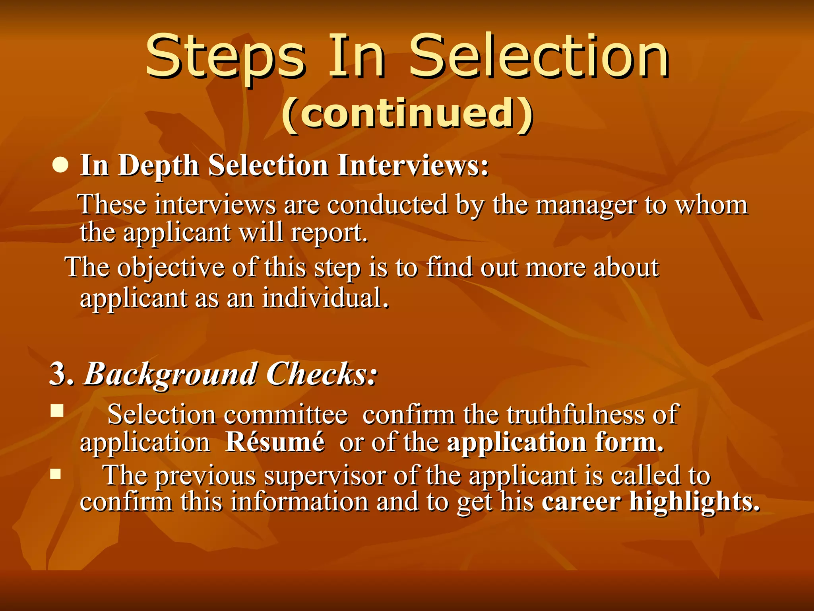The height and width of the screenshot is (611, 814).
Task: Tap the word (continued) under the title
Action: [x=407, y=114]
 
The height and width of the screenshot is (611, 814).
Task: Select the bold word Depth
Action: [x=158, y=165]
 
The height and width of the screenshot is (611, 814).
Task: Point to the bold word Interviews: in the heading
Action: [x=413, y=165]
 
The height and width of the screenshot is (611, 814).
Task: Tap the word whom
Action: [x=712, y=206]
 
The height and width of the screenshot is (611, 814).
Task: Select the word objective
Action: [x=171, y=268]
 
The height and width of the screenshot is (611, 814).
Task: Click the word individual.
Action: [x=325, y=298]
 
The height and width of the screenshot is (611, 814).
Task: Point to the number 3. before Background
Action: [x=62, y=374]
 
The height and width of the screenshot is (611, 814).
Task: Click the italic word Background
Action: [x=170, y=375]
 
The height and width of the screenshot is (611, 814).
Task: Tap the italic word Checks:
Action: [x=321, y=374]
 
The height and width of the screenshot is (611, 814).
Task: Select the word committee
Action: [x=286, y=415]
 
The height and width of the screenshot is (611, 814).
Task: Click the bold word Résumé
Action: [x=275, y=442]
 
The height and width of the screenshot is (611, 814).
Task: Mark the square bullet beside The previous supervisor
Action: [x=56, y=474]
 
